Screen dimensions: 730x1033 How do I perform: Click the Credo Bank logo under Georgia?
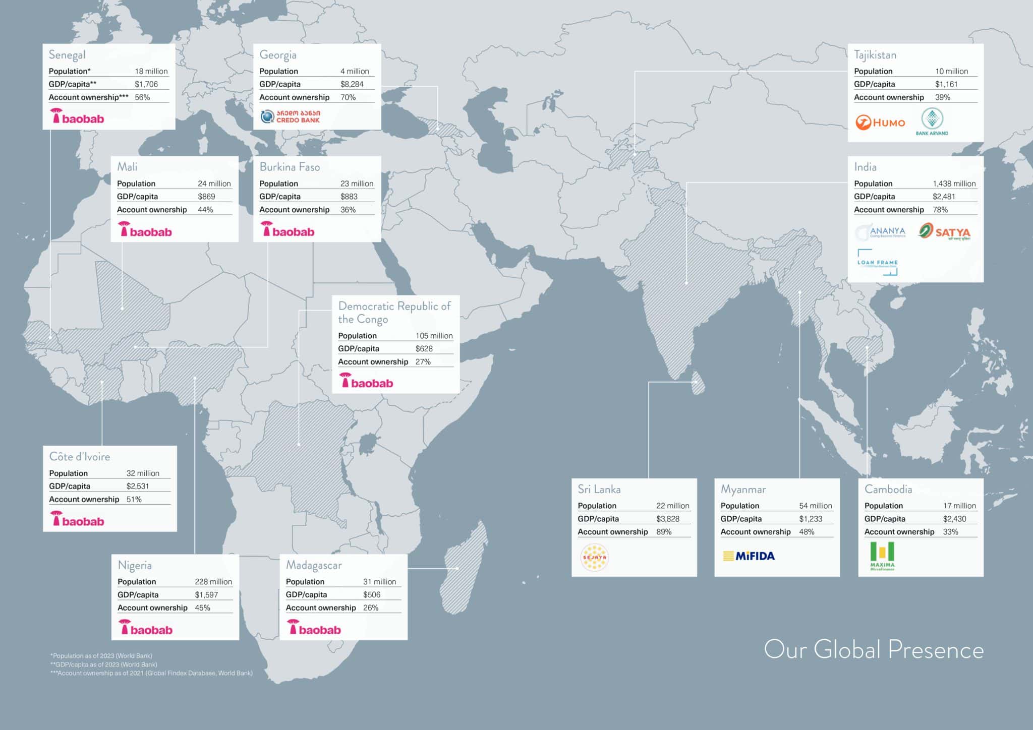point(290,116)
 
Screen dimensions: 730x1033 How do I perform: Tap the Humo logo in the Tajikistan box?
point(880,123)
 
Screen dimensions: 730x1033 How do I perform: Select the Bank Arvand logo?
point(932,122)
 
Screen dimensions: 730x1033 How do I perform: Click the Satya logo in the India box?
point(944,232)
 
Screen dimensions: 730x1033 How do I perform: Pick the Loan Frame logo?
point(878,262)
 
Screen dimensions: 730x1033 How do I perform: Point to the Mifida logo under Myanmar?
point(749,556)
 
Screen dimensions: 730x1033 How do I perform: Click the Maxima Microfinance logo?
point(882,556)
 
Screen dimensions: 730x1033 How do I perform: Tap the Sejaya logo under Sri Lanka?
point(595,557)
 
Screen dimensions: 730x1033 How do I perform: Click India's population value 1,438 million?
point(954,184)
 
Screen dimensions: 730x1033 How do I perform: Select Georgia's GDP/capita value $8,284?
point(352,84)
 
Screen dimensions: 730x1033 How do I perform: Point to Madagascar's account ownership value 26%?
point(371,607)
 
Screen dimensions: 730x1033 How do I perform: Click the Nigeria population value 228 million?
point(213,581)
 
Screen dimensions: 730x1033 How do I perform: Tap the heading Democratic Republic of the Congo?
point(394,313)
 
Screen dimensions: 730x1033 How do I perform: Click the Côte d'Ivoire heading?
point(80,456)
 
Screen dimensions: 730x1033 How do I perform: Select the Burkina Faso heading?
point(290,167)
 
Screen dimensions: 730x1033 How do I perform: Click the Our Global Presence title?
point(874,649)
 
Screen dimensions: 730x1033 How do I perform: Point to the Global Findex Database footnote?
point(151,673)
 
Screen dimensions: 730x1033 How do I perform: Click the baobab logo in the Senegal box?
point(77,117)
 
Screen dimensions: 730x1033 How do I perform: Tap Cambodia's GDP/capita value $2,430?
point(954,519)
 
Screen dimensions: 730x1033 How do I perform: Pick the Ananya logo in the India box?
point(881,232)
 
